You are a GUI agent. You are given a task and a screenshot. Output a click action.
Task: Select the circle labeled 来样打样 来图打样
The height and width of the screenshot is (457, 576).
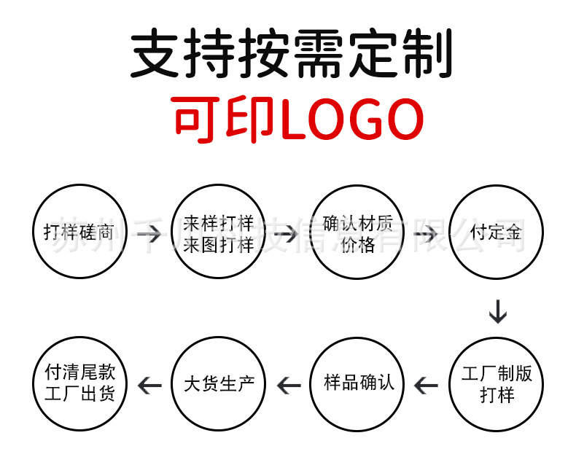(219, 233)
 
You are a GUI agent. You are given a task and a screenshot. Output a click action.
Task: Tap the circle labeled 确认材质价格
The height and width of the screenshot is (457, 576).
(358, 233)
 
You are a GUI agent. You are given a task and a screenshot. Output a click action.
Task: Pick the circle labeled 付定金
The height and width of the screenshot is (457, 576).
(497, 233)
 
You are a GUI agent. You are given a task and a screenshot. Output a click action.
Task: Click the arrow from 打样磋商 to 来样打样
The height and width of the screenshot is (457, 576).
(149, 234)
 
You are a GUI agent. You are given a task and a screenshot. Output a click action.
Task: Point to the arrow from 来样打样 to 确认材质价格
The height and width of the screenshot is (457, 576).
(287, 234)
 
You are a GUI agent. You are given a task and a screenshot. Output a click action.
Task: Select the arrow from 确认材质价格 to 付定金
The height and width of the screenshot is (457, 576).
(426, 234)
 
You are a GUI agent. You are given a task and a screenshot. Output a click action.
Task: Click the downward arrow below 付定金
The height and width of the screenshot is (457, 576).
(497, 311)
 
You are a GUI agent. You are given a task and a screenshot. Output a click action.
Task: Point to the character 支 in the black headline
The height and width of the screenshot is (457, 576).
(156, 54)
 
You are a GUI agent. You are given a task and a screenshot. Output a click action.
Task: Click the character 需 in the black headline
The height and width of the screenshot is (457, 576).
(318, 54)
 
